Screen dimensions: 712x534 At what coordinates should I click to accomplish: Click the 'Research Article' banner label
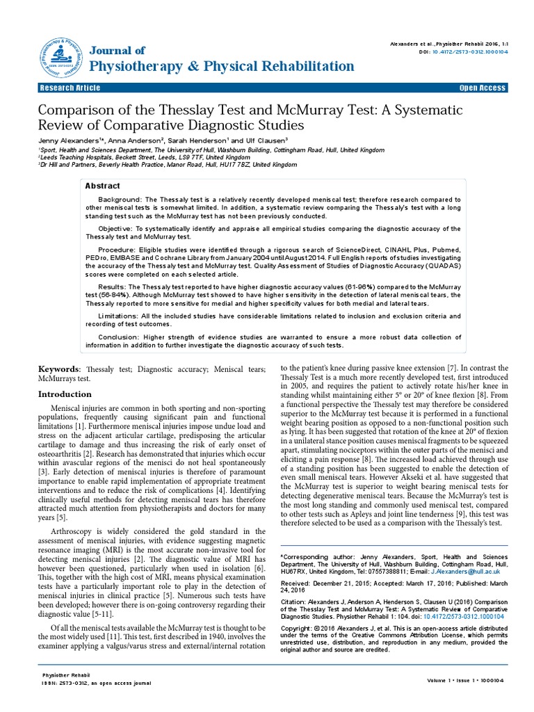pos(70,88)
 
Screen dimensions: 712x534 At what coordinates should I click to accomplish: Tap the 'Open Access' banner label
pos(483,88)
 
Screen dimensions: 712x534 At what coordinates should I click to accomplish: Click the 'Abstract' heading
pos(102,186)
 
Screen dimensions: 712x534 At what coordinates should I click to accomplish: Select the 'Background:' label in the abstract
pos(121,200)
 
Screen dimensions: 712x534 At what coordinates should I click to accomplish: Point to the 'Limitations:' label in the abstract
pos(119,316)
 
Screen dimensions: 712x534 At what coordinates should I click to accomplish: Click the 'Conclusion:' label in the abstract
pos(118,337)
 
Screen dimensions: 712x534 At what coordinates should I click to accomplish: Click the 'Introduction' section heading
pos(64,394)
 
